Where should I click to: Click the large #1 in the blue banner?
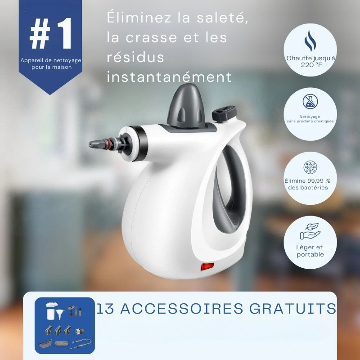(50, 35)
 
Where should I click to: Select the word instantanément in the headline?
(169, 77)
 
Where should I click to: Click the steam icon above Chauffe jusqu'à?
(310, 41)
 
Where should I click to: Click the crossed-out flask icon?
(310, 101)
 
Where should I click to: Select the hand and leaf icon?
(310, 231)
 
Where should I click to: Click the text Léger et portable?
(310, 251)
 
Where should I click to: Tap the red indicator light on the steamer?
(206, 267)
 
